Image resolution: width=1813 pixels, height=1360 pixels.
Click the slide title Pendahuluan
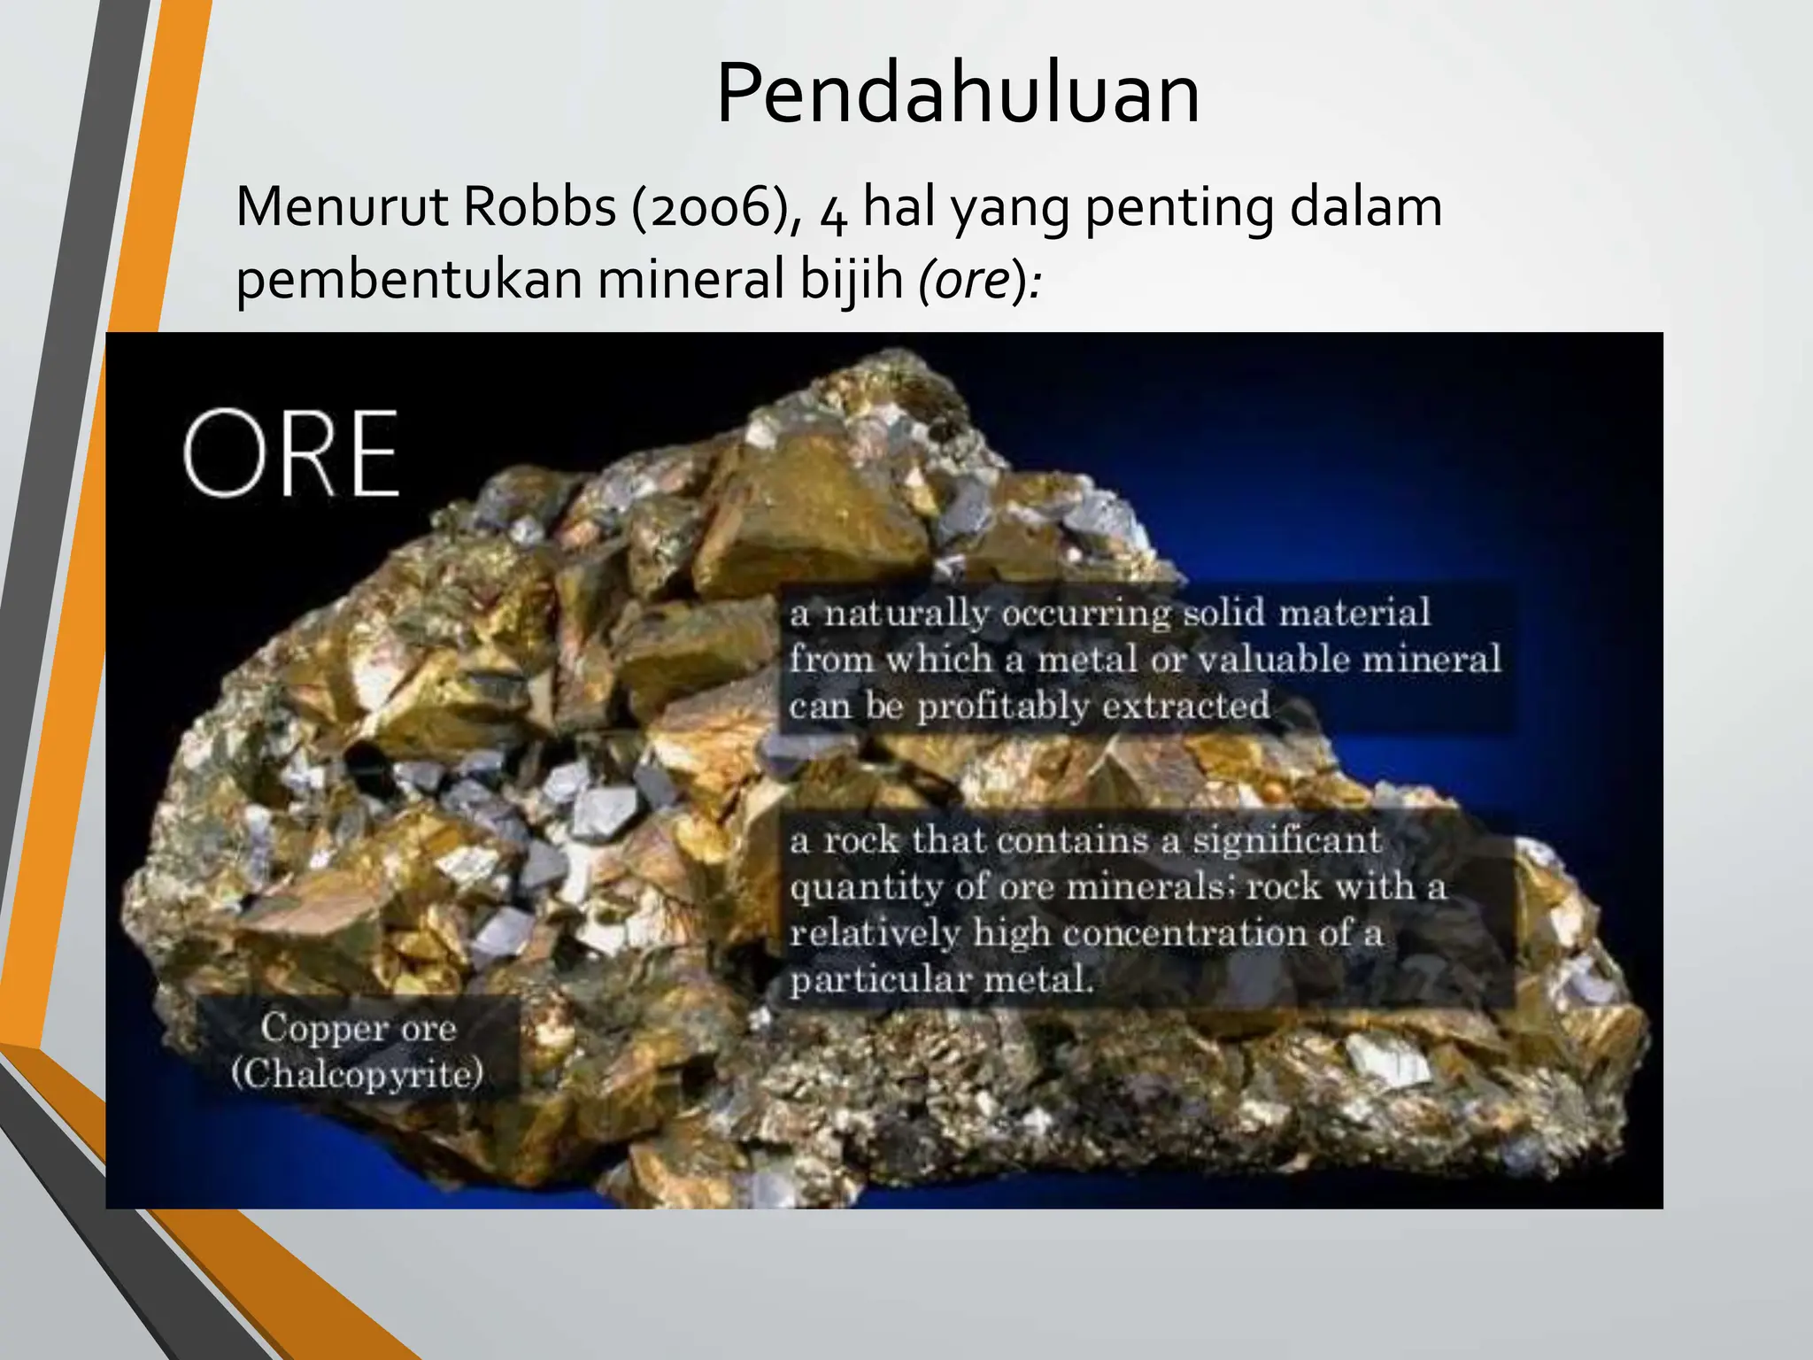957,94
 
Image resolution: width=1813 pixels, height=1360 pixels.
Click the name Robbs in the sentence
539,207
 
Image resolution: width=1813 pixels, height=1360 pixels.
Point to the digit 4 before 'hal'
832,212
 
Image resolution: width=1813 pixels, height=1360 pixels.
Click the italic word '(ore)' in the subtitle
974,282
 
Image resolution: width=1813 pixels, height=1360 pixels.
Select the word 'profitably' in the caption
1002,707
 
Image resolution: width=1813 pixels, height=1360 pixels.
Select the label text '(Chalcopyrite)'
358,1074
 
